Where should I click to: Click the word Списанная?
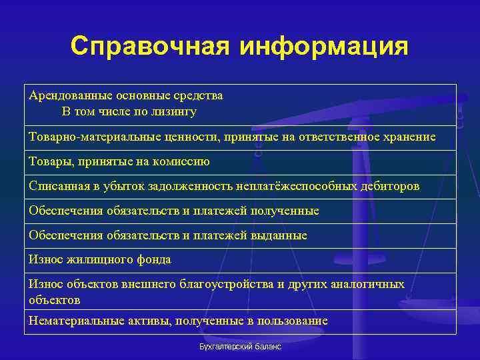(56, 186)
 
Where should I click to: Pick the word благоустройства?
(224, 284)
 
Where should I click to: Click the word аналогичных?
(364, 284)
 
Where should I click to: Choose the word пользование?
(294, 321)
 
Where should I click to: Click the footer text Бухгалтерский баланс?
(241, 347)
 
